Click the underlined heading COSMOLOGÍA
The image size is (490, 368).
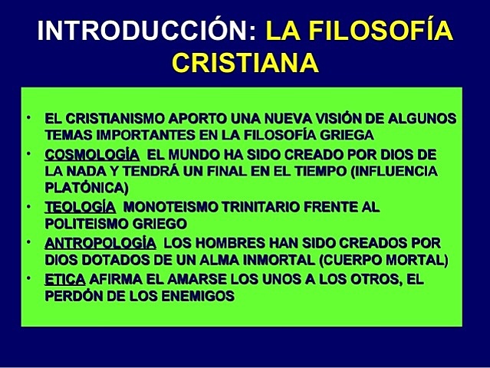(x=91, y=154)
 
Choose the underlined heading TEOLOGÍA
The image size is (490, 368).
(x=80, y=207)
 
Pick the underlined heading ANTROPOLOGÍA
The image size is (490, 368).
(x=103, y=242)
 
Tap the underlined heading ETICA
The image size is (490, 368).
(x=64, y=278)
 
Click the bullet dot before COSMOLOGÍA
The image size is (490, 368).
(x=26, y=153)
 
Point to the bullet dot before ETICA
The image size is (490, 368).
(x=26, y=276)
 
